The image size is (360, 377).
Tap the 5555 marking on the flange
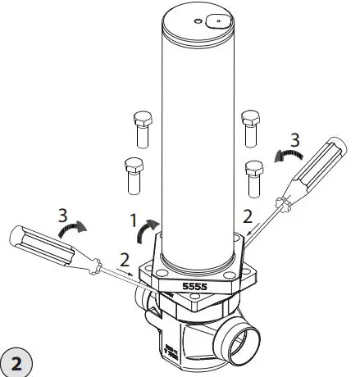click(194, 288)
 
